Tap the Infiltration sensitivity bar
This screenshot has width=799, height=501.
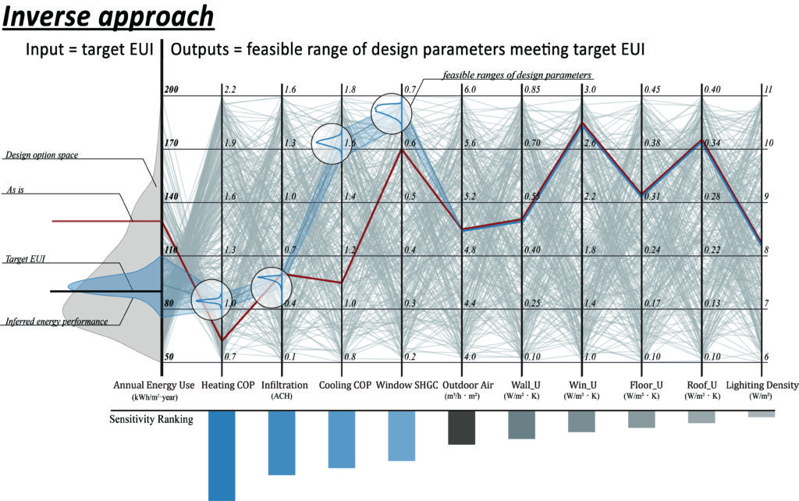pos(281,442)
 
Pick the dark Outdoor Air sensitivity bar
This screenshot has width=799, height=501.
pos(462,428)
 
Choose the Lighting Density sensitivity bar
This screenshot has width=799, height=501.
pos(762,414)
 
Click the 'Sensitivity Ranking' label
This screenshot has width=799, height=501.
pos(151,419)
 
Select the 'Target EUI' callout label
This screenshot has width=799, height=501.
pos(25,258)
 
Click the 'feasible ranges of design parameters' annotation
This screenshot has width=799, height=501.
pos(517,75)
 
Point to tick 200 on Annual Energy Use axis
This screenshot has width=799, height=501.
pos(172,91)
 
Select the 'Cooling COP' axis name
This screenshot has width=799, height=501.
pos(344,386)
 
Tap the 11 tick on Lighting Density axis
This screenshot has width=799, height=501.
pos(768,91)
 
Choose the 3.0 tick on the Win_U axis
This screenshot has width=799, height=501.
pos(589,91)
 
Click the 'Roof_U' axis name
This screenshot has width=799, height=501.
pos(702,386)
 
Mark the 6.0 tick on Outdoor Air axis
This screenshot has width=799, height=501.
pos(470,91)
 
